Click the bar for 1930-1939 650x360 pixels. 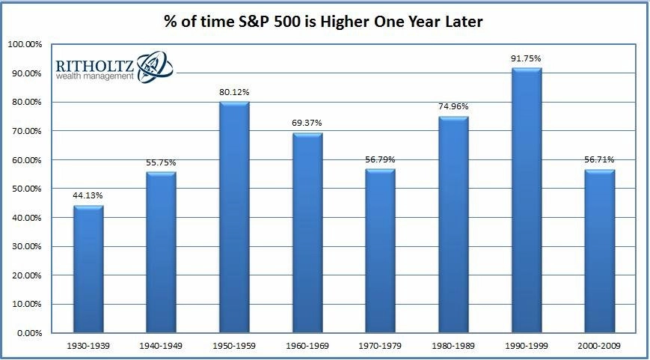tap(88, 269)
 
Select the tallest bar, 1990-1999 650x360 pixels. tap(527, 200)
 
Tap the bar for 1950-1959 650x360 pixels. tap(234, 217)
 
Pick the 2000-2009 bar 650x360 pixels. tap(600, 251)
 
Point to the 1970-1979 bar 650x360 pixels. tap(381, 251)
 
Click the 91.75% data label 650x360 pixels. tap(527, 59)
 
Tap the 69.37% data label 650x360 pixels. tap(307, 123)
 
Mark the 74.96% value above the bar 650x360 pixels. tap(453, 107)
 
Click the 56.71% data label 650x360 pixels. tap(600, 160)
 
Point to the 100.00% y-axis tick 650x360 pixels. tap(25, 44)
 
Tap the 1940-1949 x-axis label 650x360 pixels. tap(162, 344)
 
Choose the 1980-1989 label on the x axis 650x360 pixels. tap(453, 344)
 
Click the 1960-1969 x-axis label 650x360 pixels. tap(307, 344)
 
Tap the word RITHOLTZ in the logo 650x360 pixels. tap(94, 65)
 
